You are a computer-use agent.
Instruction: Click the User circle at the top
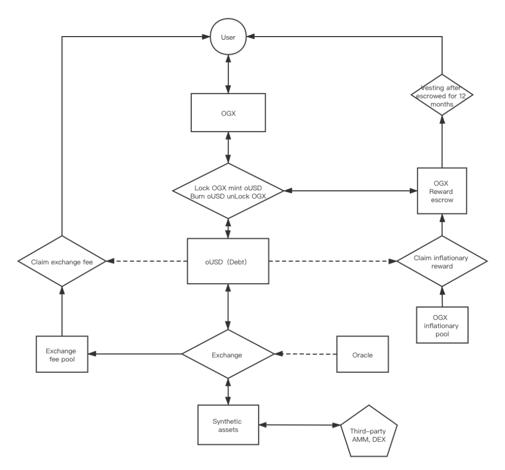pos(228,37)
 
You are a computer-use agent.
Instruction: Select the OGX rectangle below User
pos(228,113)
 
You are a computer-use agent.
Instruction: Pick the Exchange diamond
pos(228,354)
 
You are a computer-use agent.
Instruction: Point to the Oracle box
pos(362,354)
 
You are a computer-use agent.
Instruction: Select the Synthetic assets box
pos(228,425)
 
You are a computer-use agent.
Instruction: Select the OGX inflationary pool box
pos(442,325)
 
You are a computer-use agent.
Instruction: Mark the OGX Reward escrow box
pos(442,191)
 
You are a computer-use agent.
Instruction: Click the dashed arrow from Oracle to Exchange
pos(306,354)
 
